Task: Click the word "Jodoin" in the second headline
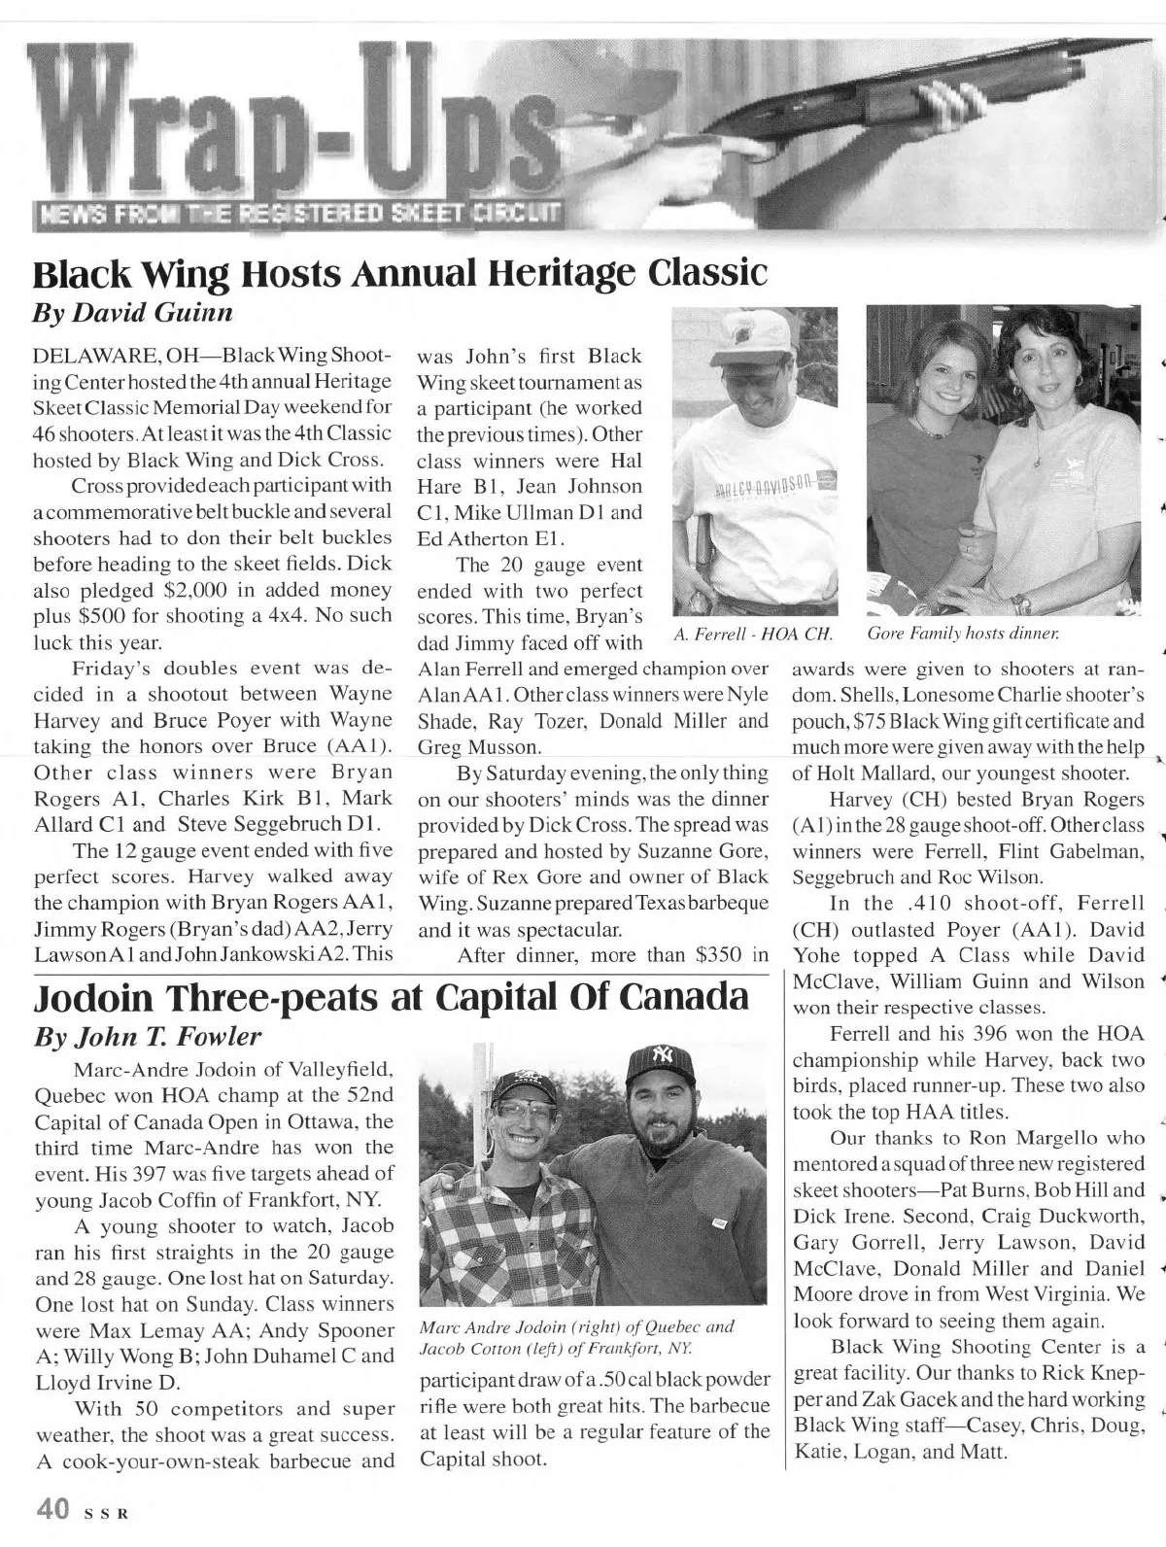click(x=110, y=997)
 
